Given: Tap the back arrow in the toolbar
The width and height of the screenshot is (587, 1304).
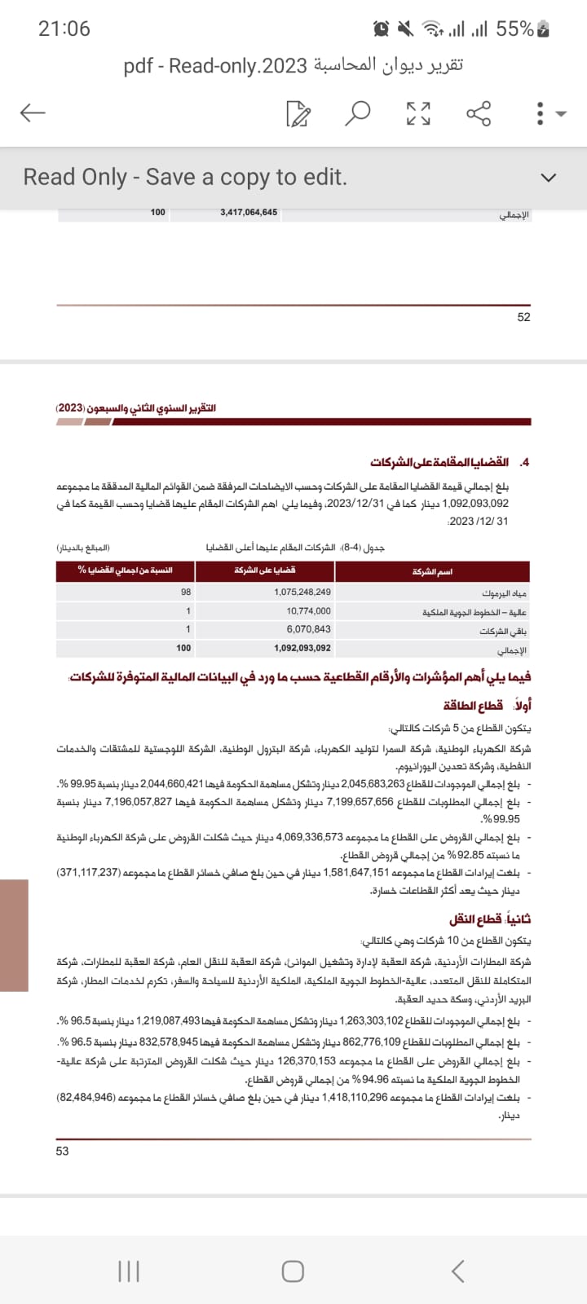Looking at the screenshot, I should pyautogui.click(x=33, y=112).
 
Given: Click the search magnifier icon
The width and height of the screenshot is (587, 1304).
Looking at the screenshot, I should pyautogui.click(x=357, y=113).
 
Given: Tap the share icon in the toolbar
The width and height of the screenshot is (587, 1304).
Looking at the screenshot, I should pyautogui.click(x=479, y=113).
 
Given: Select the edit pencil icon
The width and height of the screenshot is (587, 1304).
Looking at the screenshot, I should pyautogui.click(x=298, y=114).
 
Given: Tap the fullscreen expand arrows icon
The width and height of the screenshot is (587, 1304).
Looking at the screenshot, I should pyautogui.click(x=418, y=113).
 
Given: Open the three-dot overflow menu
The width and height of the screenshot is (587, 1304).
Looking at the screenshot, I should pyautogui.click(x=540, y=113).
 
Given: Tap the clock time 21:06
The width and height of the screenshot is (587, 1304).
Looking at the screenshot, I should pyautogui.click(x=64, y=29).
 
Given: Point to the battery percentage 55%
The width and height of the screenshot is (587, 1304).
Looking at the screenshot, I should pyautogui.click(x=514, y=29).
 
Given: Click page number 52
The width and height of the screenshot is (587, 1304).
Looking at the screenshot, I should pyautogui.click(x=523, y=317).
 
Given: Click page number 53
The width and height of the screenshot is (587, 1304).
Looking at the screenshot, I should pyautogui.click(x=63, y=1151).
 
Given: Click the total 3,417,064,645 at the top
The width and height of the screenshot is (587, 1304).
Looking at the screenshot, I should pyautogui.click(x=249, y=212).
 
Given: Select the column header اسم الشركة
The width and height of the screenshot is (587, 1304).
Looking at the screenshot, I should pyautogui.click(x=432, y=571).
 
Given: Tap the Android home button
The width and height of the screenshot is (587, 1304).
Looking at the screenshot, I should pyautogui.click(x=293, y=1271).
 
